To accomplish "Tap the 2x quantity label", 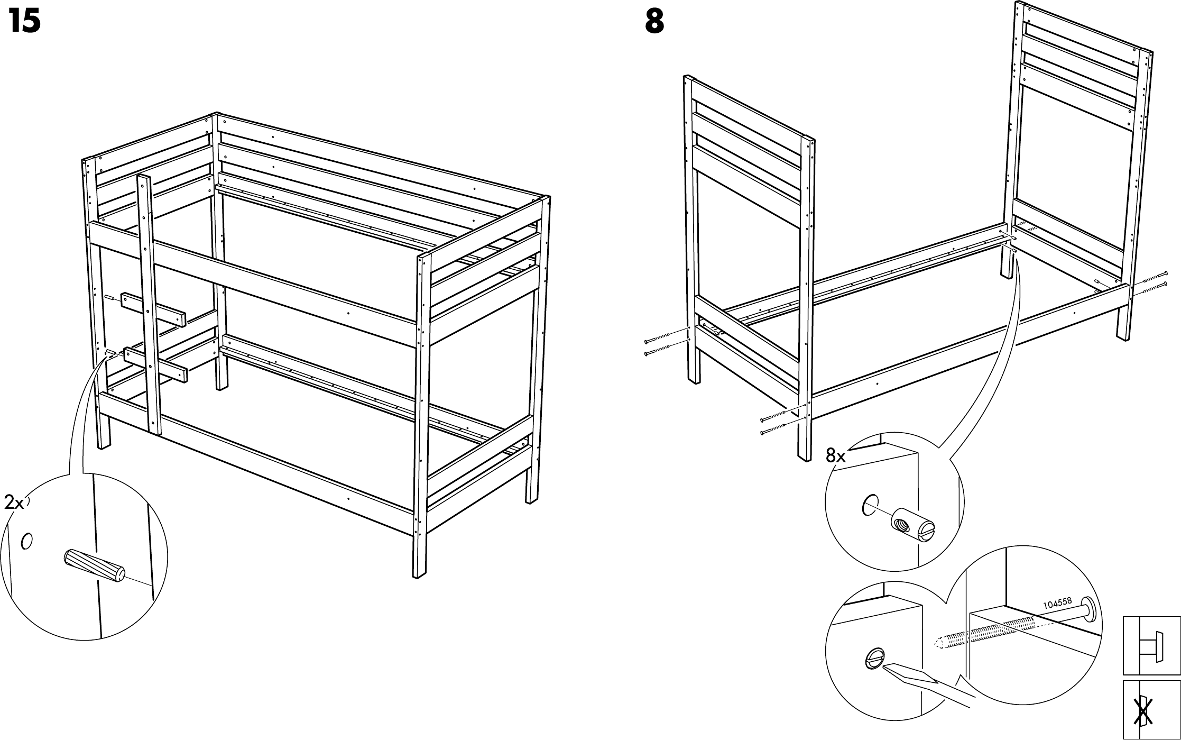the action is (x=14, y=503).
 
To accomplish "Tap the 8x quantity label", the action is (x=836, y=455).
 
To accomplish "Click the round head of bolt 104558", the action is (x=1089, y=608).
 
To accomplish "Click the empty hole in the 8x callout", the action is (x=870, y=505).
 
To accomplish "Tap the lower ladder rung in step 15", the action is (x=156, y=363).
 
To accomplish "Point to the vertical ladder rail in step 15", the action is (x=149, y=302).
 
